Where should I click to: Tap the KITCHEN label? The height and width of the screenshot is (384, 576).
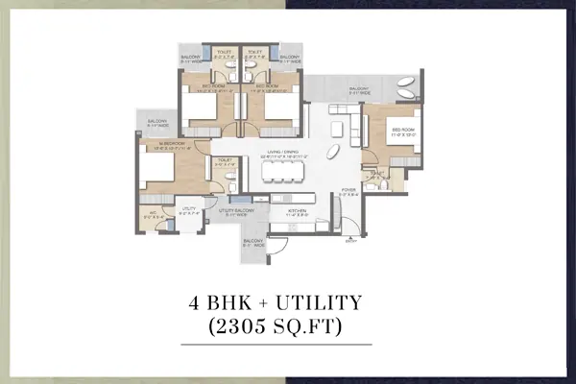pos(296,213)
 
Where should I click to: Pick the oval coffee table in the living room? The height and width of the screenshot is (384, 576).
pos(331,153)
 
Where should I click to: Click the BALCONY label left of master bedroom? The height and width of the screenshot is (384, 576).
pos(157,122)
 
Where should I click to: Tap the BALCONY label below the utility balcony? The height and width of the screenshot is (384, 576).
pos(252,243)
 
